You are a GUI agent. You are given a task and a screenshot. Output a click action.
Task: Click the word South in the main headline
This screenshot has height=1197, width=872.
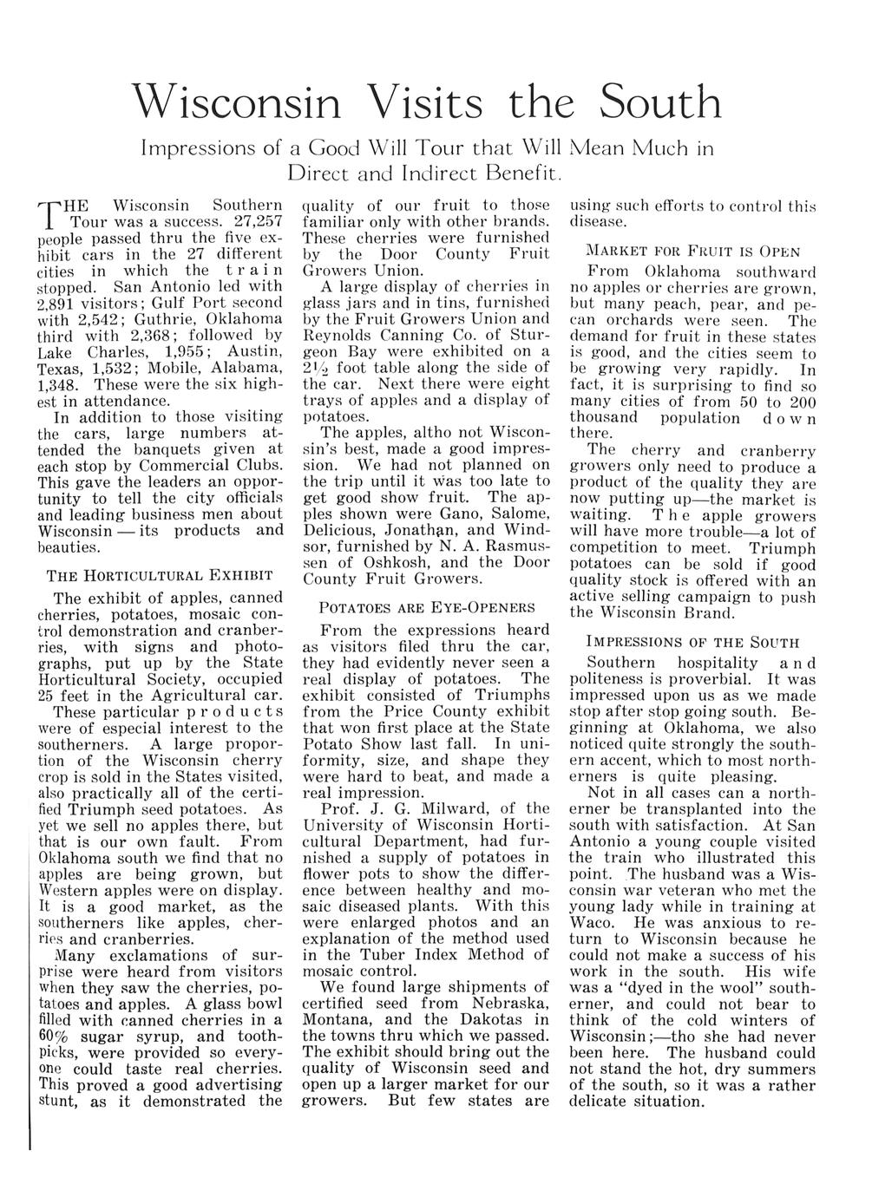[x=660, y=102]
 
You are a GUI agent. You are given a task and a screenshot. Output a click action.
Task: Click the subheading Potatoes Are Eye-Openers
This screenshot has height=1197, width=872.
[x=427, y=607]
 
